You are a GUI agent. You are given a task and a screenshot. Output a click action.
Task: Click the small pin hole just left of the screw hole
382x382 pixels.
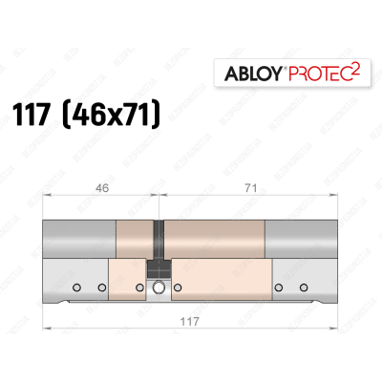pos(140,286)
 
